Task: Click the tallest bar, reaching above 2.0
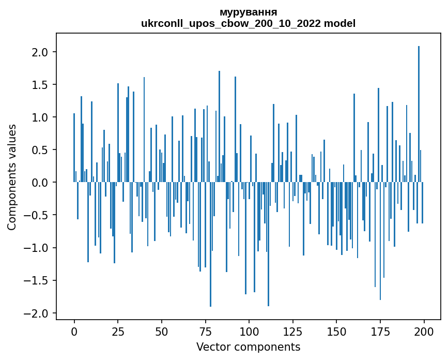tap(419, 114)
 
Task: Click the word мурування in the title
tap(248, 12)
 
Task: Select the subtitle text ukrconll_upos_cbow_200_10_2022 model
tap(248, 23)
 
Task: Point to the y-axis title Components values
tap(12, 177)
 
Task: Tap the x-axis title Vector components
tap(248, 347)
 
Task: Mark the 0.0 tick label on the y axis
tap(40, 183)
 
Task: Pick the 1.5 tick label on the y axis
tap(40, 85)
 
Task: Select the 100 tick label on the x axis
tap(249, 331)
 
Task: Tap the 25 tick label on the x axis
tap(118, 331)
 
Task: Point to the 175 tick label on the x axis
tap(380, 331)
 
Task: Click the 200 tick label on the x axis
tap(424, 331)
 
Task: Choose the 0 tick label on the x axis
tap(74, 331)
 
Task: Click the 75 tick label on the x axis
tap(205, 331)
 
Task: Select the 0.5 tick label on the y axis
tap(40, 150)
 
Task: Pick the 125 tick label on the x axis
tap(293, 331)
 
